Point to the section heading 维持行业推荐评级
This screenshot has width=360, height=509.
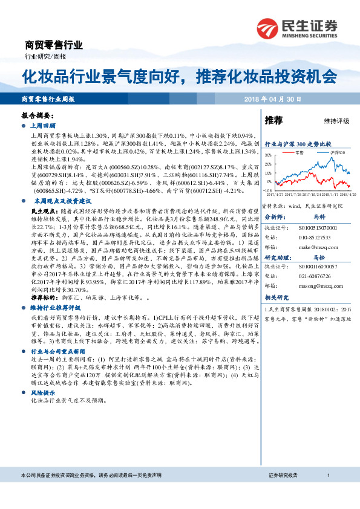coord(55,307)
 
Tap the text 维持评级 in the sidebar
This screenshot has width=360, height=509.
coord(336,121)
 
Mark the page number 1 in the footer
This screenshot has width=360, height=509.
coord(327,493)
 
